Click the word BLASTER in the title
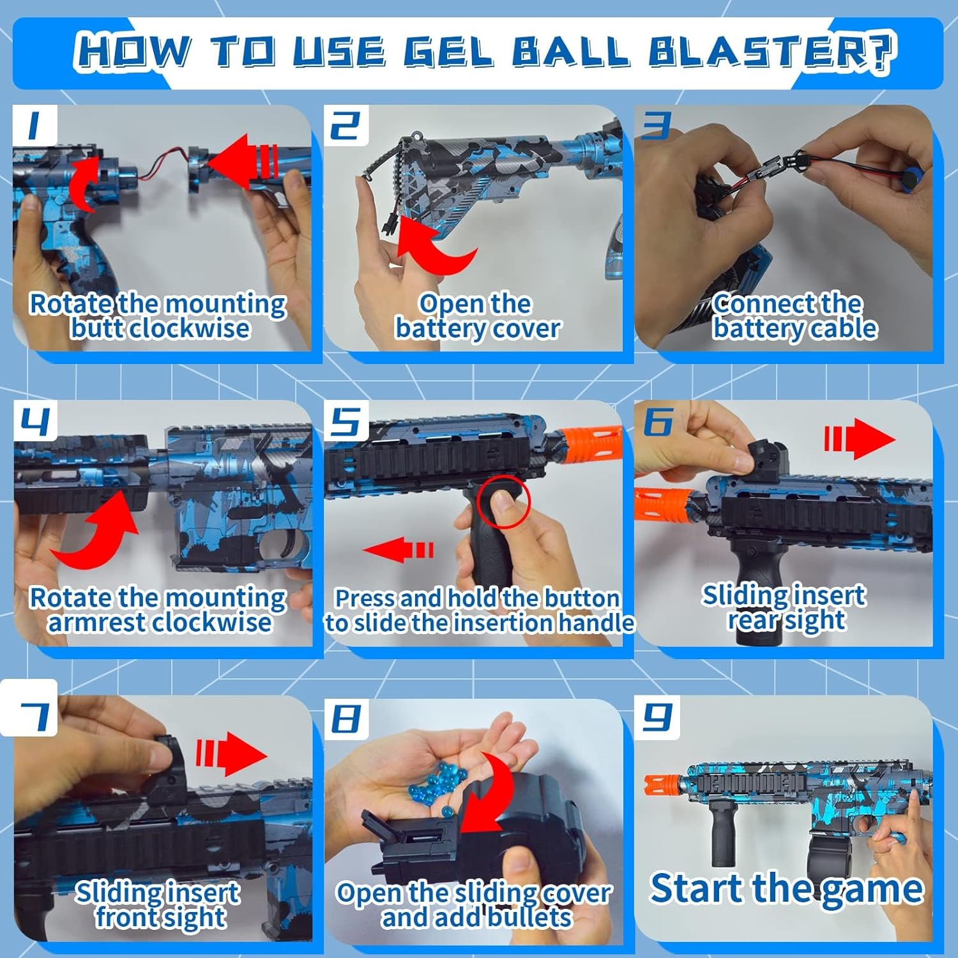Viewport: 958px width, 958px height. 771,51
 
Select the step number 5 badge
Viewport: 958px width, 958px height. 346,421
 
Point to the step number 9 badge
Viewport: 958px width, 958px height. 657,717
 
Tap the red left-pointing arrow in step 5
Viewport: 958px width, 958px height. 398,550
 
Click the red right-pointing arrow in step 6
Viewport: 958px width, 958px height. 860,439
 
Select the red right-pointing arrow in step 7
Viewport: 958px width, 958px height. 231,754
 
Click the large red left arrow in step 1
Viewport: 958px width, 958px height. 243,162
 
